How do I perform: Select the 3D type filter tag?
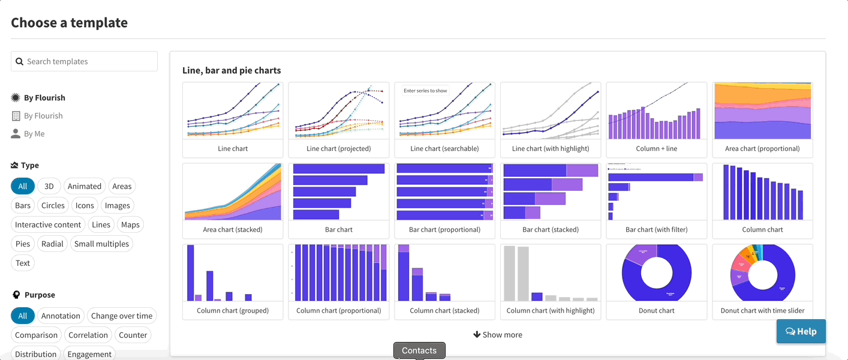click(49, 186)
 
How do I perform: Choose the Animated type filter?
click(84, 186)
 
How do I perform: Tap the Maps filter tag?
click(130, 224)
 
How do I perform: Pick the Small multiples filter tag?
click(101, 244)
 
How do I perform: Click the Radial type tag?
click(52, 244)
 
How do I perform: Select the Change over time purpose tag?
click(122, 316)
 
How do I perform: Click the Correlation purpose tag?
click(88, 335)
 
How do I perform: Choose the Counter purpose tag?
click(133, 335)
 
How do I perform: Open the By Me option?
click(34, 134)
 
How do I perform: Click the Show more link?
click(498, 335)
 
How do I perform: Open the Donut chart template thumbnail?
click(657, 273)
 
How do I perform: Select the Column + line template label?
click(657, 148)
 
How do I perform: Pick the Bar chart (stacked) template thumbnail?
click(551, 192)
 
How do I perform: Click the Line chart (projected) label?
click(339, 148)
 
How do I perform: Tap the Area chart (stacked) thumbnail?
click(233, 192)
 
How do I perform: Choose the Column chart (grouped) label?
click(233, 310)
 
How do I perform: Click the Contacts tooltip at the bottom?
click(419, 350)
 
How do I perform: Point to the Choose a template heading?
click(70, 23)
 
